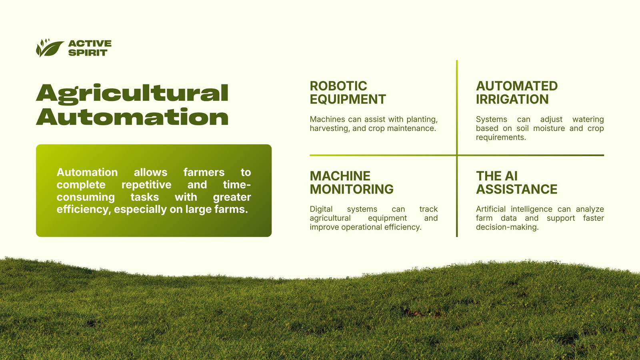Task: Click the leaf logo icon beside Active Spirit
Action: (50, 48)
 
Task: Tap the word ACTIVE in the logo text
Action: (90, 44)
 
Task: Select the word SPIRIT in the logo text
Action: (88, 52)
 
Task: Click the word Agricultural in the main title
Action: (132, 93)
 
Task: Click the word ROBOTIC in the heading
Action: (338, 86)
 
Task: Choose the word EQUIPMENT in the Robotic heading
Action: (348, 99)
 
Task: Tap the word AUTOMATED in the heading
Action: (516, 86)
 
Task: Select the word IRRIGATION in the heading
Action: (512, 99)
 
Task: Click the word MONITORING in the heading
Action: (352, 189)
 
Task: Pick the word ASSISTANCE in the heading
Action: (516, 189)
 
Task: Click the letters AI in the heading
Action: (511, 176)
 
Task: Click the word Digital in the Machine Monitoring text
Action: (321, 210)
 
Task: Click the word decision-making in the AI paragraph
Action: (507, 228)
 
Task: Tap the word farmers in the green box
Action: (204, 172)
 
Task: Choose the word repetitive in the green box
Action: (146, 185)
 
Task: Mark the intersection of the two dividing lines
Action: (457, 155)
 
